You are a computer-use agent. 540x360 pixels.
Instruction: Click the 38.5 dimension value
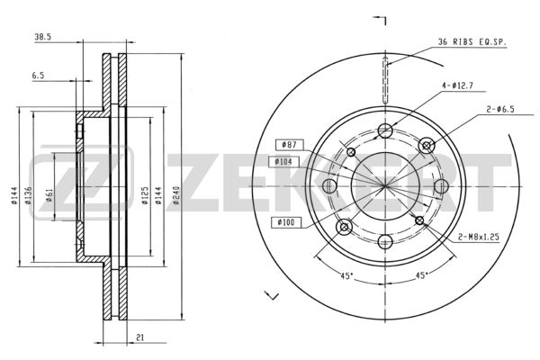42,37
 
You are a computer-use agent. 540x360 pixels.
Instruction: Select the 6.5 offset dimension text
38,76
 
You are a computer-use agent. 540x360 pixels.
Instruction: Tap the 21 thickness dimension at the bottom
139,337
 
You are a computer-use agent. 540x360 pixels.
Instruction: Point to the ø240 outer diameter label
176,195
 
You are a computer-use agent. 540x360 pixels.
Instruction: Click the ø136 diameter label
28,195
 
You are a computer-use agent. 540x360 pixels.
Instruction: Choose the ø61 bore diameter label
49,195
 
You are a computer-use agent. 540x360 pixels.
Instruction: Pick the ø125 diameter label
145,195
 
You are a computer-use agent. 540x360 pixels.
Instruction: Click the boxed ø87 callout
289,145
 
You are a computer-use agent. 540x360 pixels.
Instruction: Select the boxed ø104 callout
283,161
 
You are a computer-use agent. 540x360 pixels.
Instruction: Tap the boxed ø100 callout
286,222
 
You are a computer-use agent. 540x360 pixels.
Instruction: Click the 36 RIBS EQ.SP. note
472,42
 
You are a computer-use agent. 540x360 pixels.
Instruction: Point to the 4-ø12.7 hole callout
457,85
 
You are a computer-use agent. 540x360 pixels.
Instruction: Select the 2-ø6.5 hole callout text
500,110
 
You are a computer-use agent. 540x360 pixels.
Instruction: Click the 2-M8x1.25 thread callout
479,237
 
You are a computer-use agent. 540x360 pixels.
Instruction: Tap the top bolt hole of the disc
385,130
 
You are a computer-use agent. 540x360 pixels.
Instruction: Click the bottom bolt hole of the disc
385,241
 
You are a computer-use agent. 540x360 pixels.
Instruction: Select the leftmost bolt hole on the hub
330,186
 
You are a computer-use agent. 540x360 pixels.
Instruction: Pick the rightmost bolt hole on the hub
441,186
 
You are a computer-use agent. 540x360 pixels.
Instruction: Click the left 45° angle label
346,275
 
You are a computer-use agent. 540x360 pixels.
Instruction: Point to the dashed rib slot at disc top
385,80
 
